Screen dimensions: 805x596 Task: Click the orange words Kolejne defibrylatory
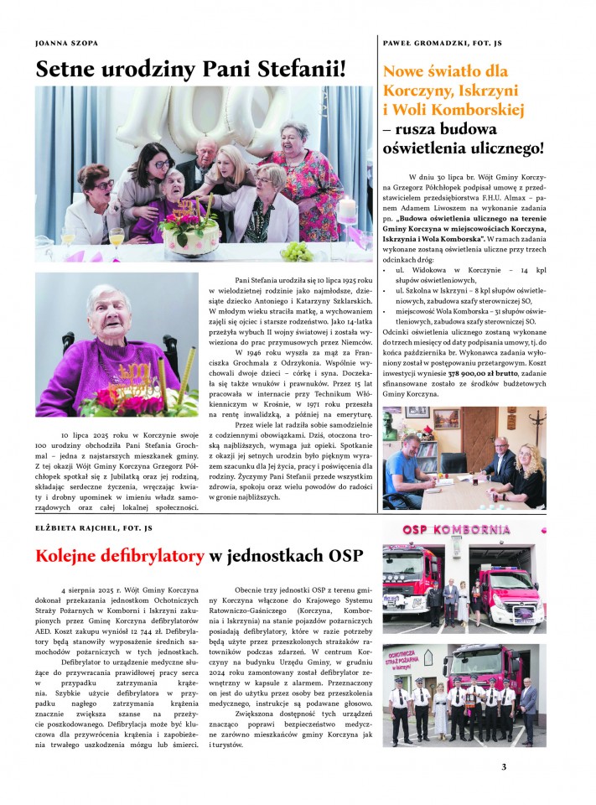(x=120, y=555)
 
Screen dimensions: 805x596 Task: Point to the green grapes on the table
(x=296, y=251)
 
